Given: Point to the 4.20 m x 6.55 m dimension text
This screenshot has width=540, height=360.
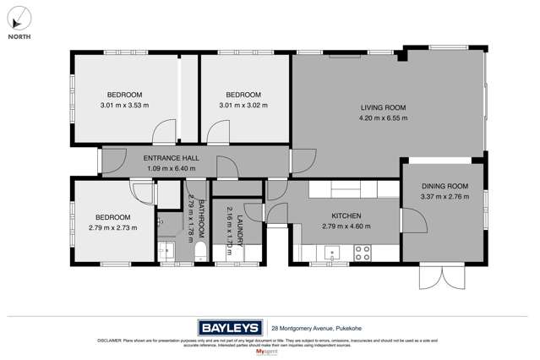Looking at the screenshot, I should [383, 118].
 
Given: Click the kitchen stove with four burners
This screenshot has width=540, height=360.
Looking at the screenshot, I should [362, 251].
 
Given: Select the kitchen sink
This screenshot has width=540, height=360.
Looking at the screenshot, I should [330, 251].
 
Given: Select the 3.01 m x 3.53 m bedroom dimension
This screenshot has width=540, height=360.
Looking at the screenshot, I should [124, 106].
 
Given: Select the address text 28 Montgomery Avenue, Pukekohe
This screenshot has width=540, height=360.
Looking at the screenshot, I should [317, 328].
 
